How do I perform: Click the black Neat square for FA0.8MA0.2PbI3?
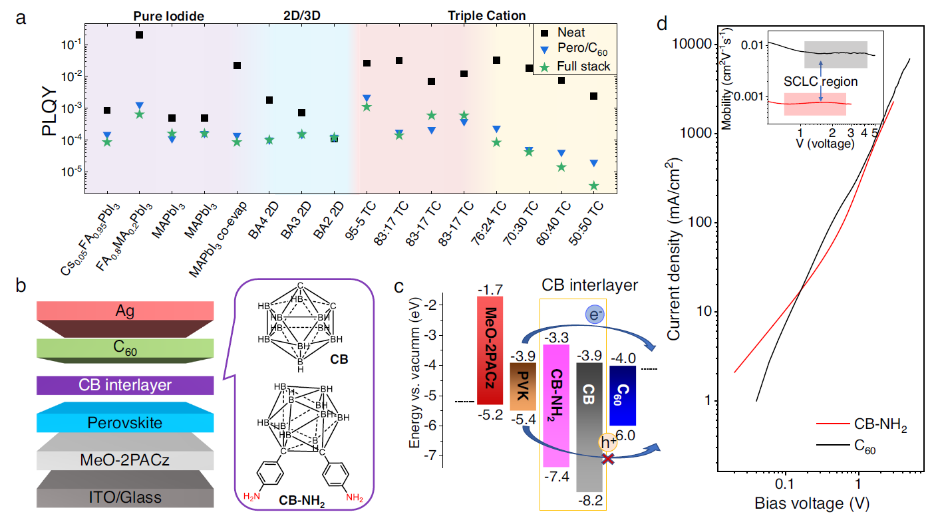140,35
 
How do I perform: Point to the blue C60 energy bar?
623,395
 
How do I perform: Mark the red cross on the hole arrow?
607,458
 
